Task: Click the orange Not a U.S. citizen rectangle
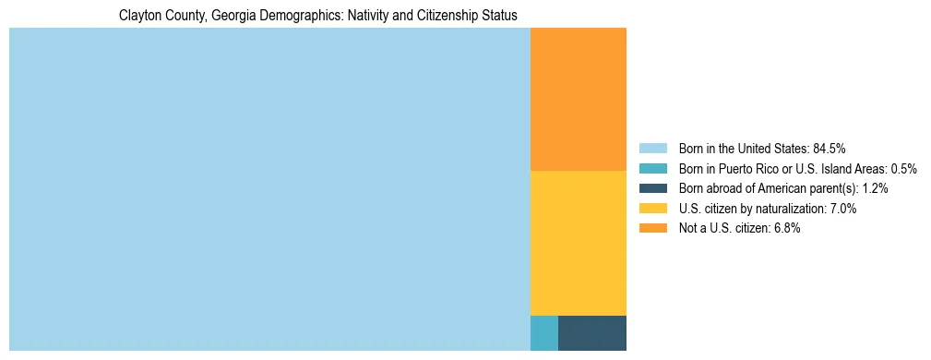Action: pos(578,99)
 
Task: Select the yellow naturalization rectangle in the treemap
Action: pos(578,243)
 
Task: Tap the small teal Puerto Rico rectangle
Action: pos(543,333)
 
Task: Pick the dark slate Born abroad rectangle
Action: pos(591,333)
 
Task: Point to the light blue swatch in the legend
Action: pos(653,148)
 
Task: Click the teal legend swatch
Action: pos(653,168)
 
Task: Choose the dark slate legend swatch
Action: pos(653,188)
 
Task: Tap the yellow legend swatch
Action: pos(653,209)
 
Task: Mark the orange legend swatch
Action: pos(653,229)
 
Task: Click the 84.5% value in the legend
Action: pos(829,148)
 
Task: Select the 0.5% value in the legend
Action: pos(902,168)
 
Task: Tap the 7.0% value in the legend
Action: pos(841,209)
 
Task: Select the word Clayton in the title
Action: pos(139,16)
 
